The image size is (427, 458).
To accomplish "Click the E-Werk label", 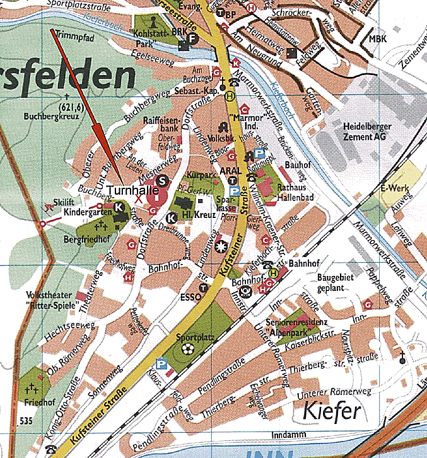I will coord(392,188).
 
